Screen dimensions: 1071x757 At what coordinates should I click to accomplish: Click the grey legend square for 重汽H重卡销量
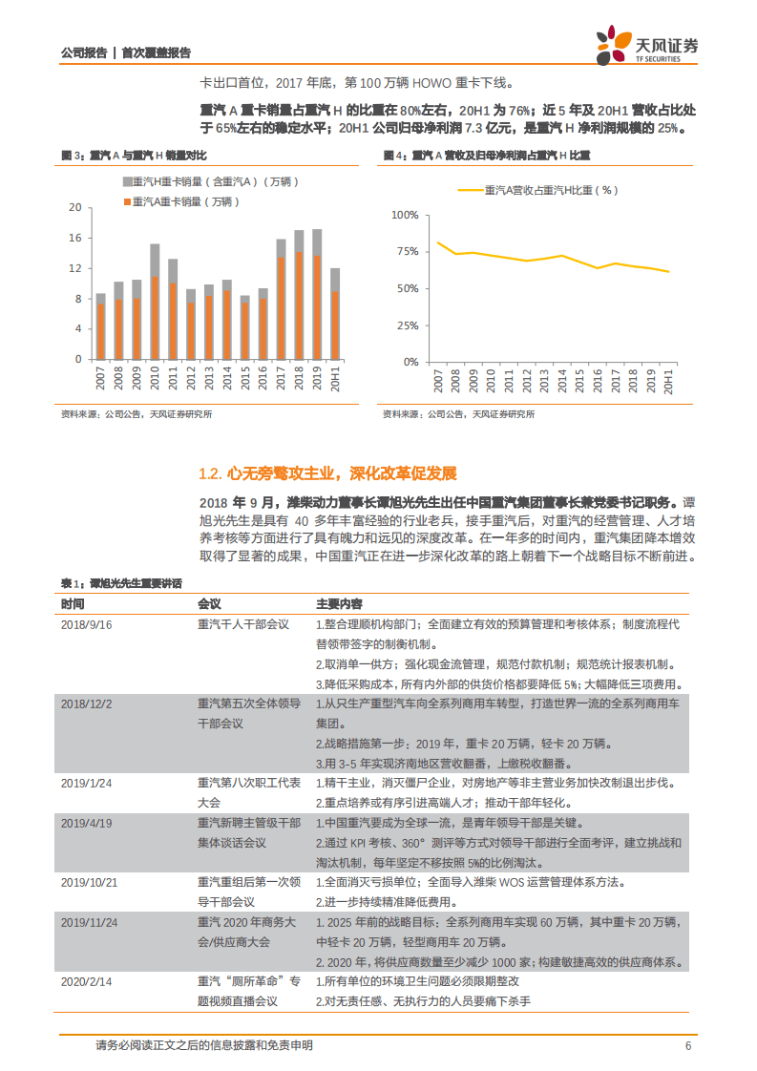(127, 181)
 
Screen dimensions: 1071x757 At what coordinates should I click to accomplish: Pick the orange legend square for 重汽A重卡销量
(127, 200)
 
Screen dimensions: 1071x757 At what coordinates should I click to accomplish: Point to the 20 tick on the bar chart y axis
(74, 207)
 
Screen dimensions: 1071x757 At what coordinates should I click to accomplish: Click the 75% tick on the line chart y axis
(406, 252)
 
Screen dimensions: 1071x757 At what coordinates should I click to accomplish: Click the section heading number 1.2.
(210, 473)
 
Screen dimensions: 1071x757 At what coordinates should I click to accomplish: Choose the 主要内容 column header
(339, 604)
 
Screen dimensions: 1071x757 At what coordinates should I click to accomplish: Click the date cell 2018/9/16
(87, 624)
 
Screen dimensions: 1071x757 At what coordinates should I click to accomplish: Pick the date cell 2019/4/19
(87, 823)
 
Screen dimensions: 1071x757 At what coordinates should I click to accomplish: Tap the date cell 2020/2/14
(87, 981)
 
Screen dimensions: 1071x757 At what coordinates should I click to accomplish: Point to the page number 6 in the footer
(687, 1045)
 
